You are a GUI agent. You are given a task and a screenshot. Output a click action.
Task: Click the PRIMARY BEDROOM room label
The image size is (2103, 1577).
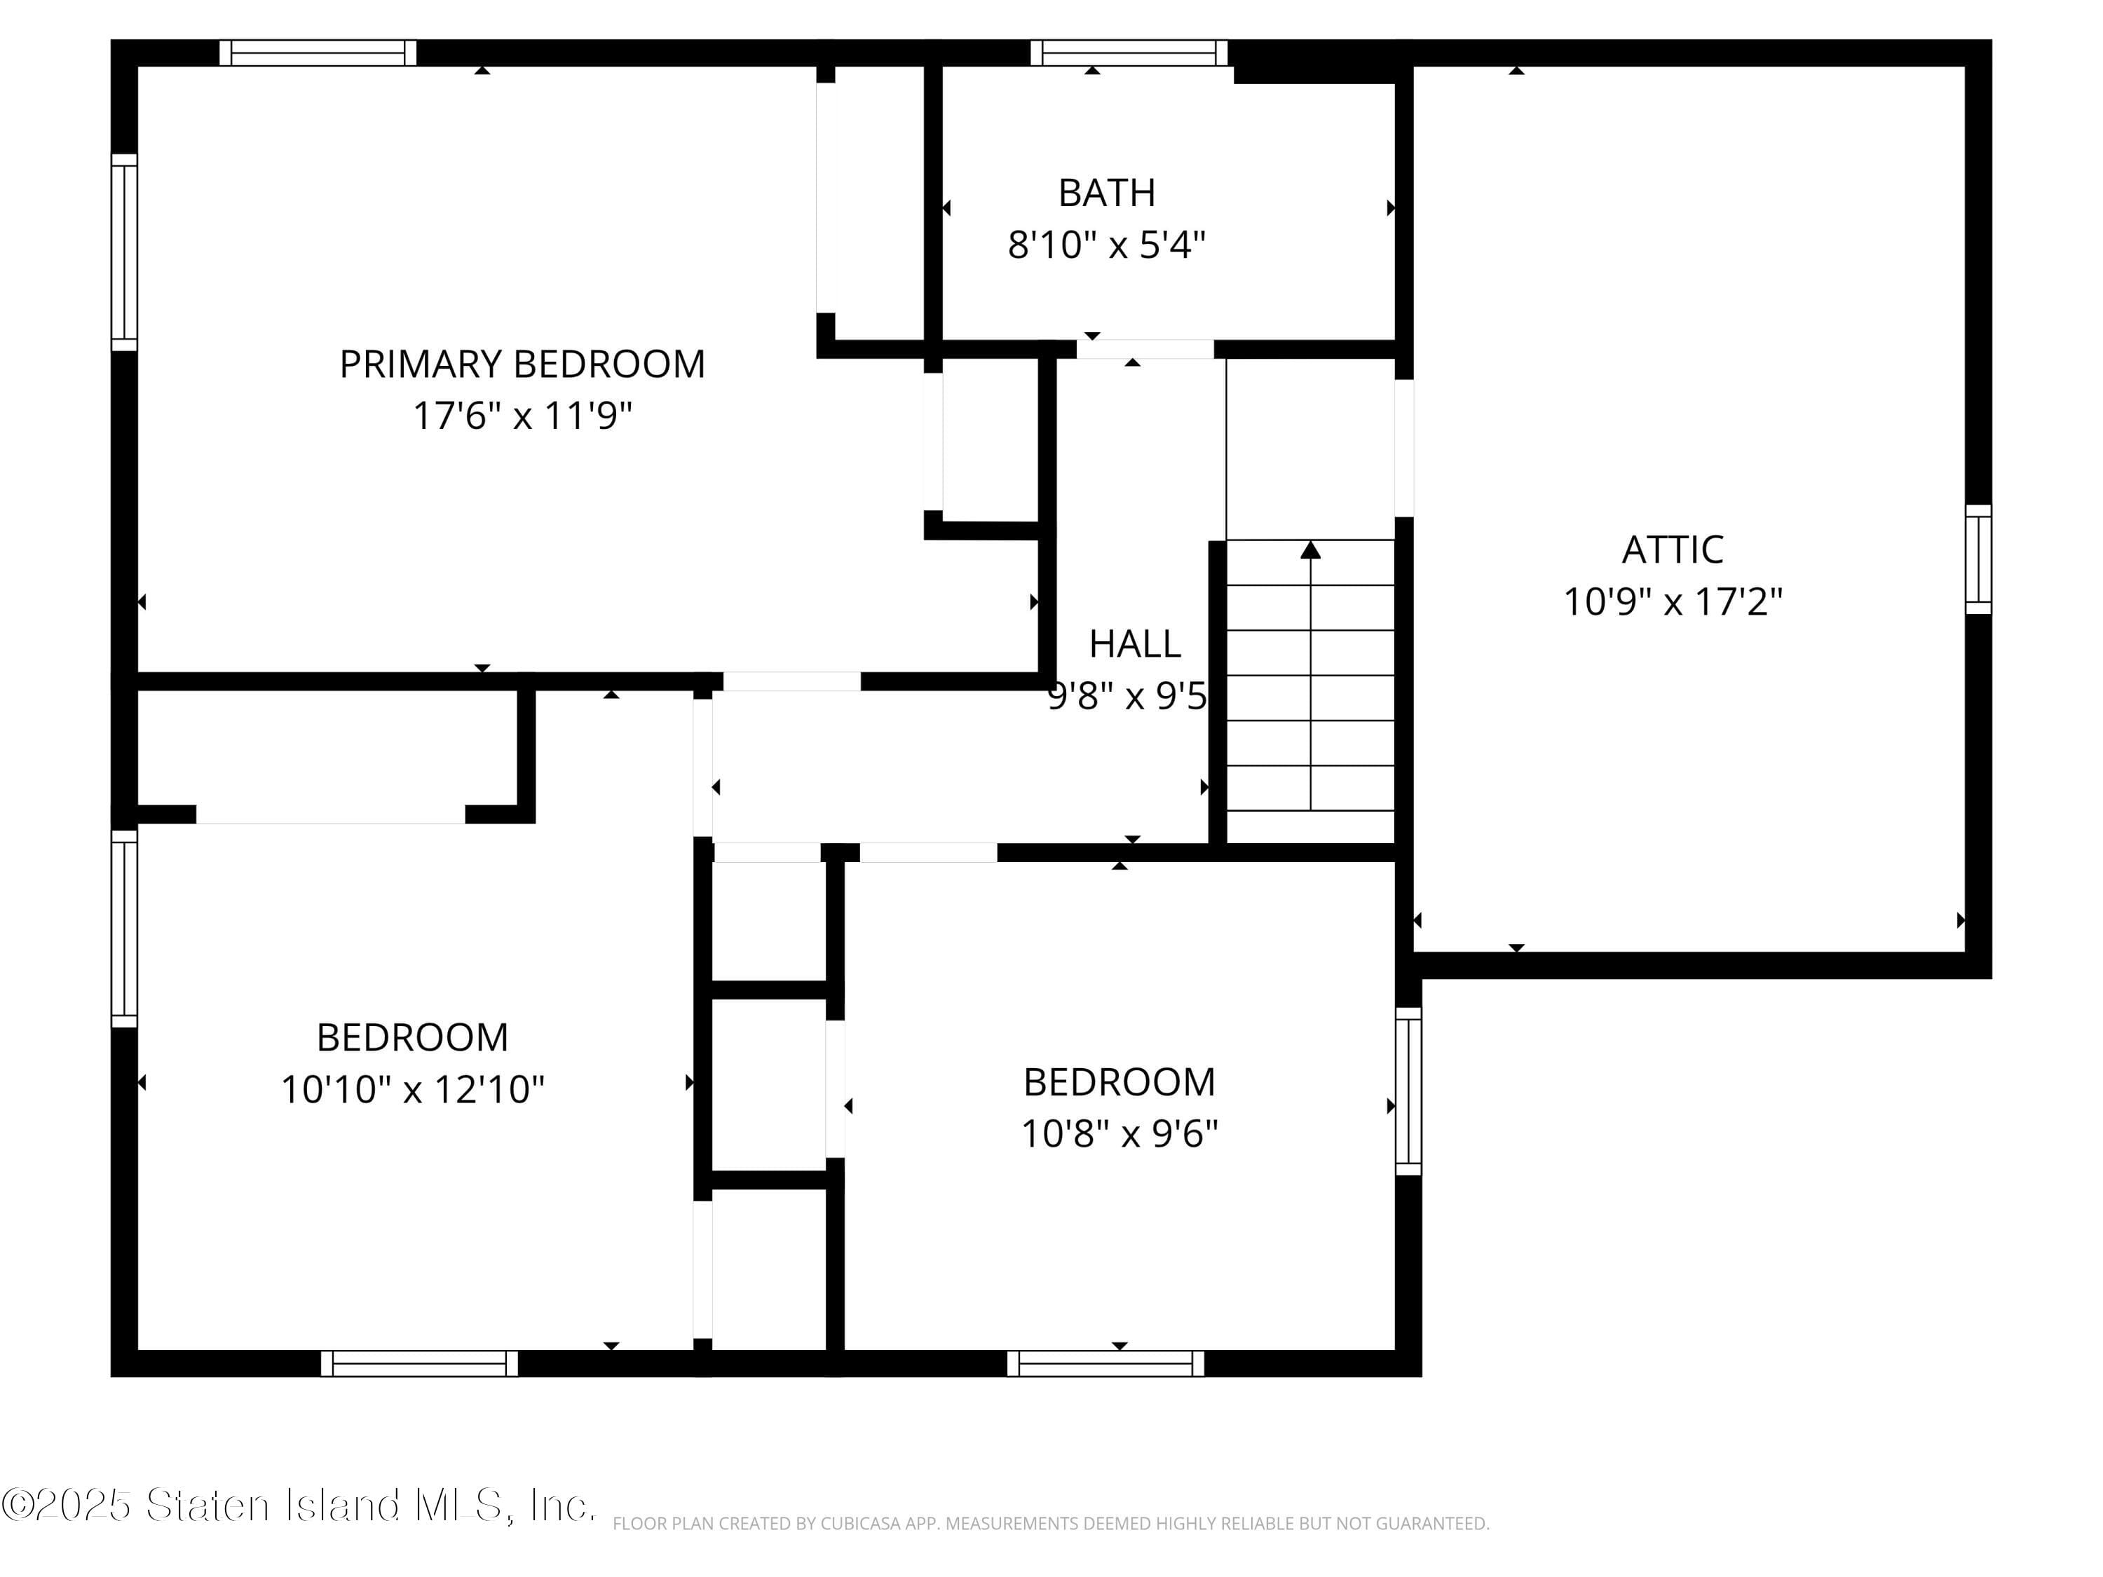[522, 364]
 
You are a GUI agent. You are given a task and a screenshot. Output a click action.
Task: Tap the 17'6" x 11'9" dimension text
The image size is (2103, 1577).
[522, 416]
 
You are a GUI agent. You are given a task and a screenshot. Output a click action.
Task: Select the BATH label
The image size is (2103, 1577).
[1107, 193]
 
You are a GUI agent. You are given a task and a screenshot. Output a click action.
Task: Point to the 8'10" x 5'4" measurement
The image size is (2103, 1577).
[1107, 245]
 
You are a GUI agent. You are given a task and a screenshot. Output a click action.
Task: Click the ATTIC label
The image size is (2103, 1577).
[1673, 549]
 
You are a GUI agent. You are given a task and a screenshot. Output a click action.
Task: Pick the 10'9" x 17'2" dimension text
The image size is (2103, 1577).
[1673, 601]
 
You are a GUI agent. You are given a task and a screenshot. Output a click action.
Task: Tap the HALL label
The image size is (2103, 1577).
[1134, 645]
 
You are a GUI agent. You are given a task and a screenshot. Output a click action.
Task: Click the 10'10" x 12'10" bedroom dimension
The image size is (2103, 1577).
[413, 1089]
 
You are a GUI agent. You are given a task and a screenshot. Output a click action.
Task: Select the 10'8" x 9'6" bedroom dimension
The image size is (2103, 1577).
[1119, 1134]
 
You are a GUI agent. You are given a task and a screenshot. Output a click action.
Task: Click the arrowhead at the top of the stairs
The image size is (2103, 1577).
[1310, 549]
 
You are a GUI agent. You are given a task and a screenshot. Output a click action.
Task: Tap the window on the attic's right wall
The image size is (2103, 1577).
[1978, 559]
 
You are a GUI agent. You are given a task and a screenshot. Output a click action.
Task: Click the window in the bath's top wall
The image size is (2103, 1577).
[1129, 53]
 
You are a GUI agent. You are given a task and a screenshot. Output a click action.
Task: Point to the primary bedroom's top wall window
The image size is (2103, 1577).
[318, 53]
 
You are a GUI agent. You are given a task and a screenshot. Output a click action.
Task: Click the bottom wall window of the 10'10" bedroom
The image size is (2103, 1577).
[419, 1363]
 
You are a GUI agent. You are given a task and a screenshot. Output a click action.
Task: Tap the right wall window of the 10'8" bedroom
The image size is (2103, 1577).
[1408, 1091]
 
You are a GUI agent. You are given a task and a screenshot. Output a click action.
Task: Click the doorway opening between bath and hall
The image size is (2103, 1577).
[1145, 349]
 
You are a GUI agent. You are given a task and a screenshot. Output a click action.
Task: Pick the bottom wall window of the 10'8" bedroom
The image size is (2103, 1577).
[1105, 1363]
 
